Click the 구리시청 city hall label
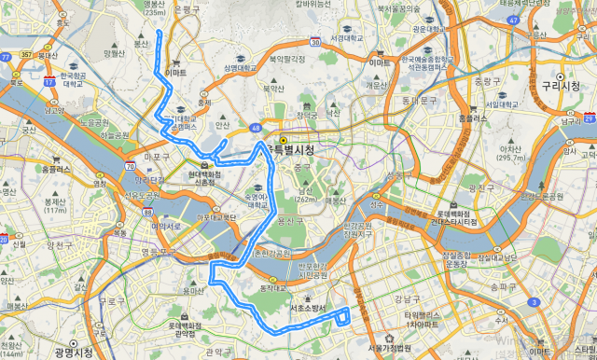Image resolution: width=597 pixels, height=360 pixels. coord(561,85)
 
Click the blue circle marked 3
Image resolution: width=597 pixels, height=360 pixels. coord(532,302)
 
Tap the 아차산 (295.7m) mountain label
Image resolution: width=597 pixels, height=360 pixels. coord(510,153)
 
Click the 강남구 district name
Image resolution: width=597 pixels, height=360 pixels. coord(408,299)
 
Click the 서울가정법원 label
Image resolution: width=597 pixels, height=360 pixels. coord(389,347)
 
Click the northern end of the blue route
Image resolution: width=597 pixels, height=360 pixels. coord(160,33)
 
